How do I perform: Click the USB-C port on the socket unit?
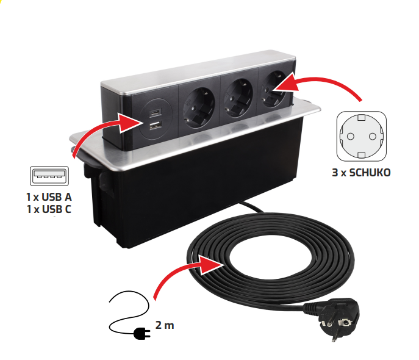[156, 113]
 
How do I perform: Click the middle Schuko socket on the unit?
[238, 98]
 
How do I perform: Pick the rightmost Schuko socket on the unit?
[274, 88]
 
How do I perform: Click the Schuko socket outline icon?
[361, 136]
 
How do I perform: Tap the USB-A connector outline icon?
[49, 176]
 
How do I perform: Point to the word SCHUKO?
[370, 173]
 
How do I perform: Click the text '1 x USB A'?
[49, 197]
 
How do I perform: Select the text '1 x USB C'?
[49, 209]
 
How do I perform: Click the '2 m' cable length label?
[165, 325]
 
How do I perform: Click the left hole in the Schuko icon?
[350, 137]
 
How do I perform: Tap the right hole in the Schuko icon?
[373, 137]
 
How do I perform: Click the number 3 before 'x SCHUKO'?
[335, 173]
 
